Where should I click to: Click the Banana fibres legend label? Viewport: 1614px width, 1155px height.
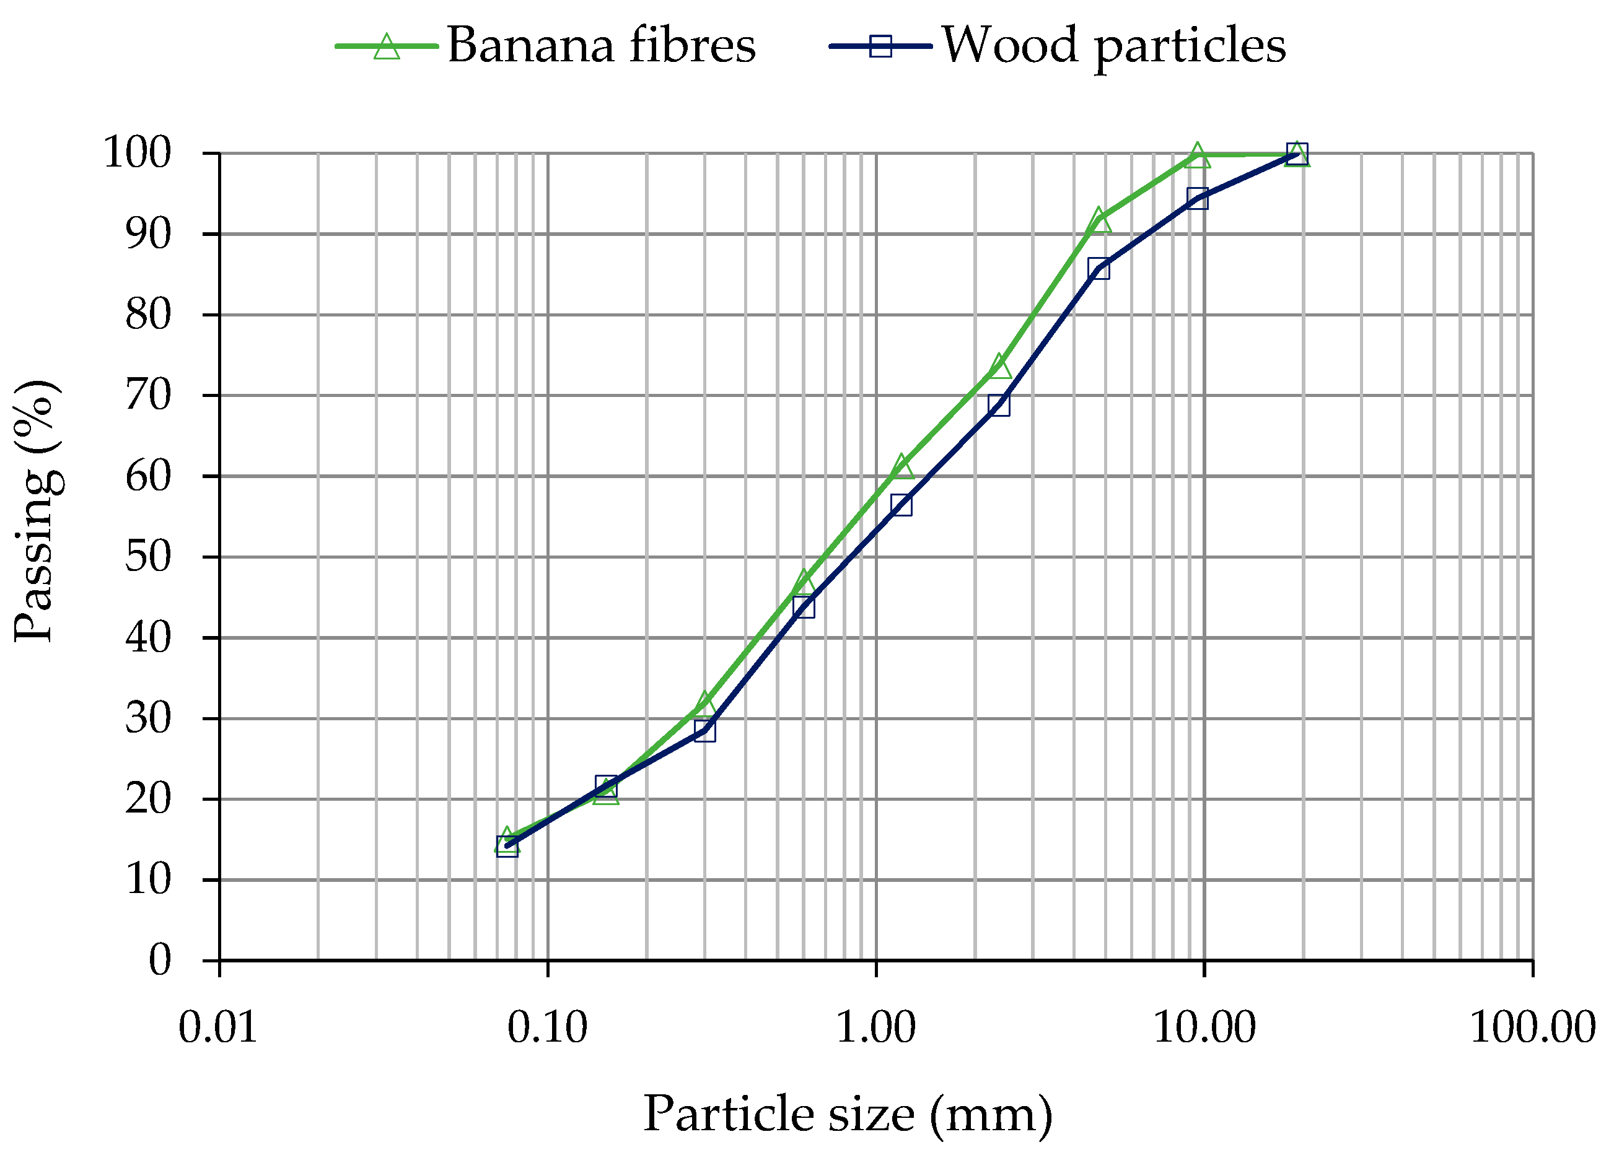coord(601,45)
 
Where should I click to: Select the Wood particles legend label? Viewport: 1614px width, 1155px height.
coord(1114,45)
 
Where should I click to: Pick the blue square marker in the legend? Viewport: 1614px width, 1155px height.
coord(880,46)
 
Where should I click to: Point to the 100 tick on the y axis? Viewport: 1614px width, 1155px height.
coord(138,153)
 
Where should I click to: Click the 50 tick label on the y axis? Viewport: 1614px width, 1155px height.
coord(149,556)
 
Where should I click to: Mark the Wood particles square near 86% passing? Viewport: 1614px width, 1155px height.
coord(1099,269)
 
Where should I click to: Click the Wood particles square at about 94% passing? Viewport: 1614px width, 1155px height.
coord(1197,198)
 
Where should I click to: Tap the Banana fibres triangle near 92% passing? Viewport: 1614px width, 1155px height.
coord(1099,220)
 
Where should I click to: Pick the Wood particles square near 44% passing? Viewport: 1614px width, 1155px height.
coord(803,607)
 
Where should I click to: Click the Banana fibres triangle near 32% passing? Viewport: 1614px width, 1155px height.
coord(704,704)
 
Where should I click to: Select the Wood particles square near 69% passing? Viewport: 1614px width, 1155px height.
coord(999,404)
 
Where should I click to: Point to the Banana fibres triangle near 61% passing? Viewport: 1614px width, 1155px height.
coord(901,466)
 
